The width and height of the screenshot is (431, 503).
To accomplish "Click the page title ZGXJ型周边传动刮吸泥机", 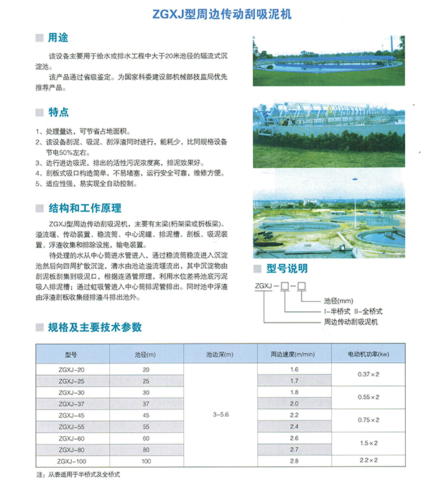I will pos(215,13).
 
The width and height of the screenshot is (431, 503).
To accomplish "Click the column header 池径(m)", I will pos(147,355).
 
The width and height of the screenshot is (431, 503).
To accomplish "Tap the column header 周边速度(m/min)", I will pos(293,355).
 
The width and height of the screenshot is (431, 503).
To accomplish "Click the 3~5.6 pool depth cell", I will pos(222,415).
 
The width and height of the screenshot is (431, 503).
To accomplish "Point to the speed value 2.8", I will pos(293,461).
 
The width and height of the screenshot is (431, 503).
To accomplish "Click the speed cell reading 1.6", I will pos(293,369).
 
